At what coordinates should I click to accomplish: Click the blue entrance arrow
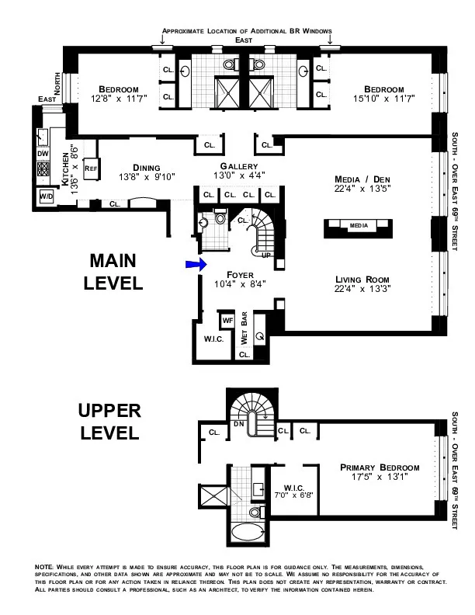click(194, 265)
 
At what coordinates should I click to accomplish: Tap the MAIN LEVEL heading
click(114, 272)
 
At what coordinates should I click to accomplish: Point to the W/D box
click(45, 198)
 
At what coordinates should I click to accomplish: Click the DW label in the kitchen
click(43, 154)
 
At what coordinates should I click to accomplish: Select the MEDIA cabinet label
click(358, 225)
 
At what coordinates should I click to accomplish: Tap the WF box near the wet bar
click(227, 320)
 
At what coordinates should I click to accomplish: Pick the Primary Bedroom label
click(380, 467)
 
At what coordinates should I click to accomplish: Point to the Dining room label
click(146, 167)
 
